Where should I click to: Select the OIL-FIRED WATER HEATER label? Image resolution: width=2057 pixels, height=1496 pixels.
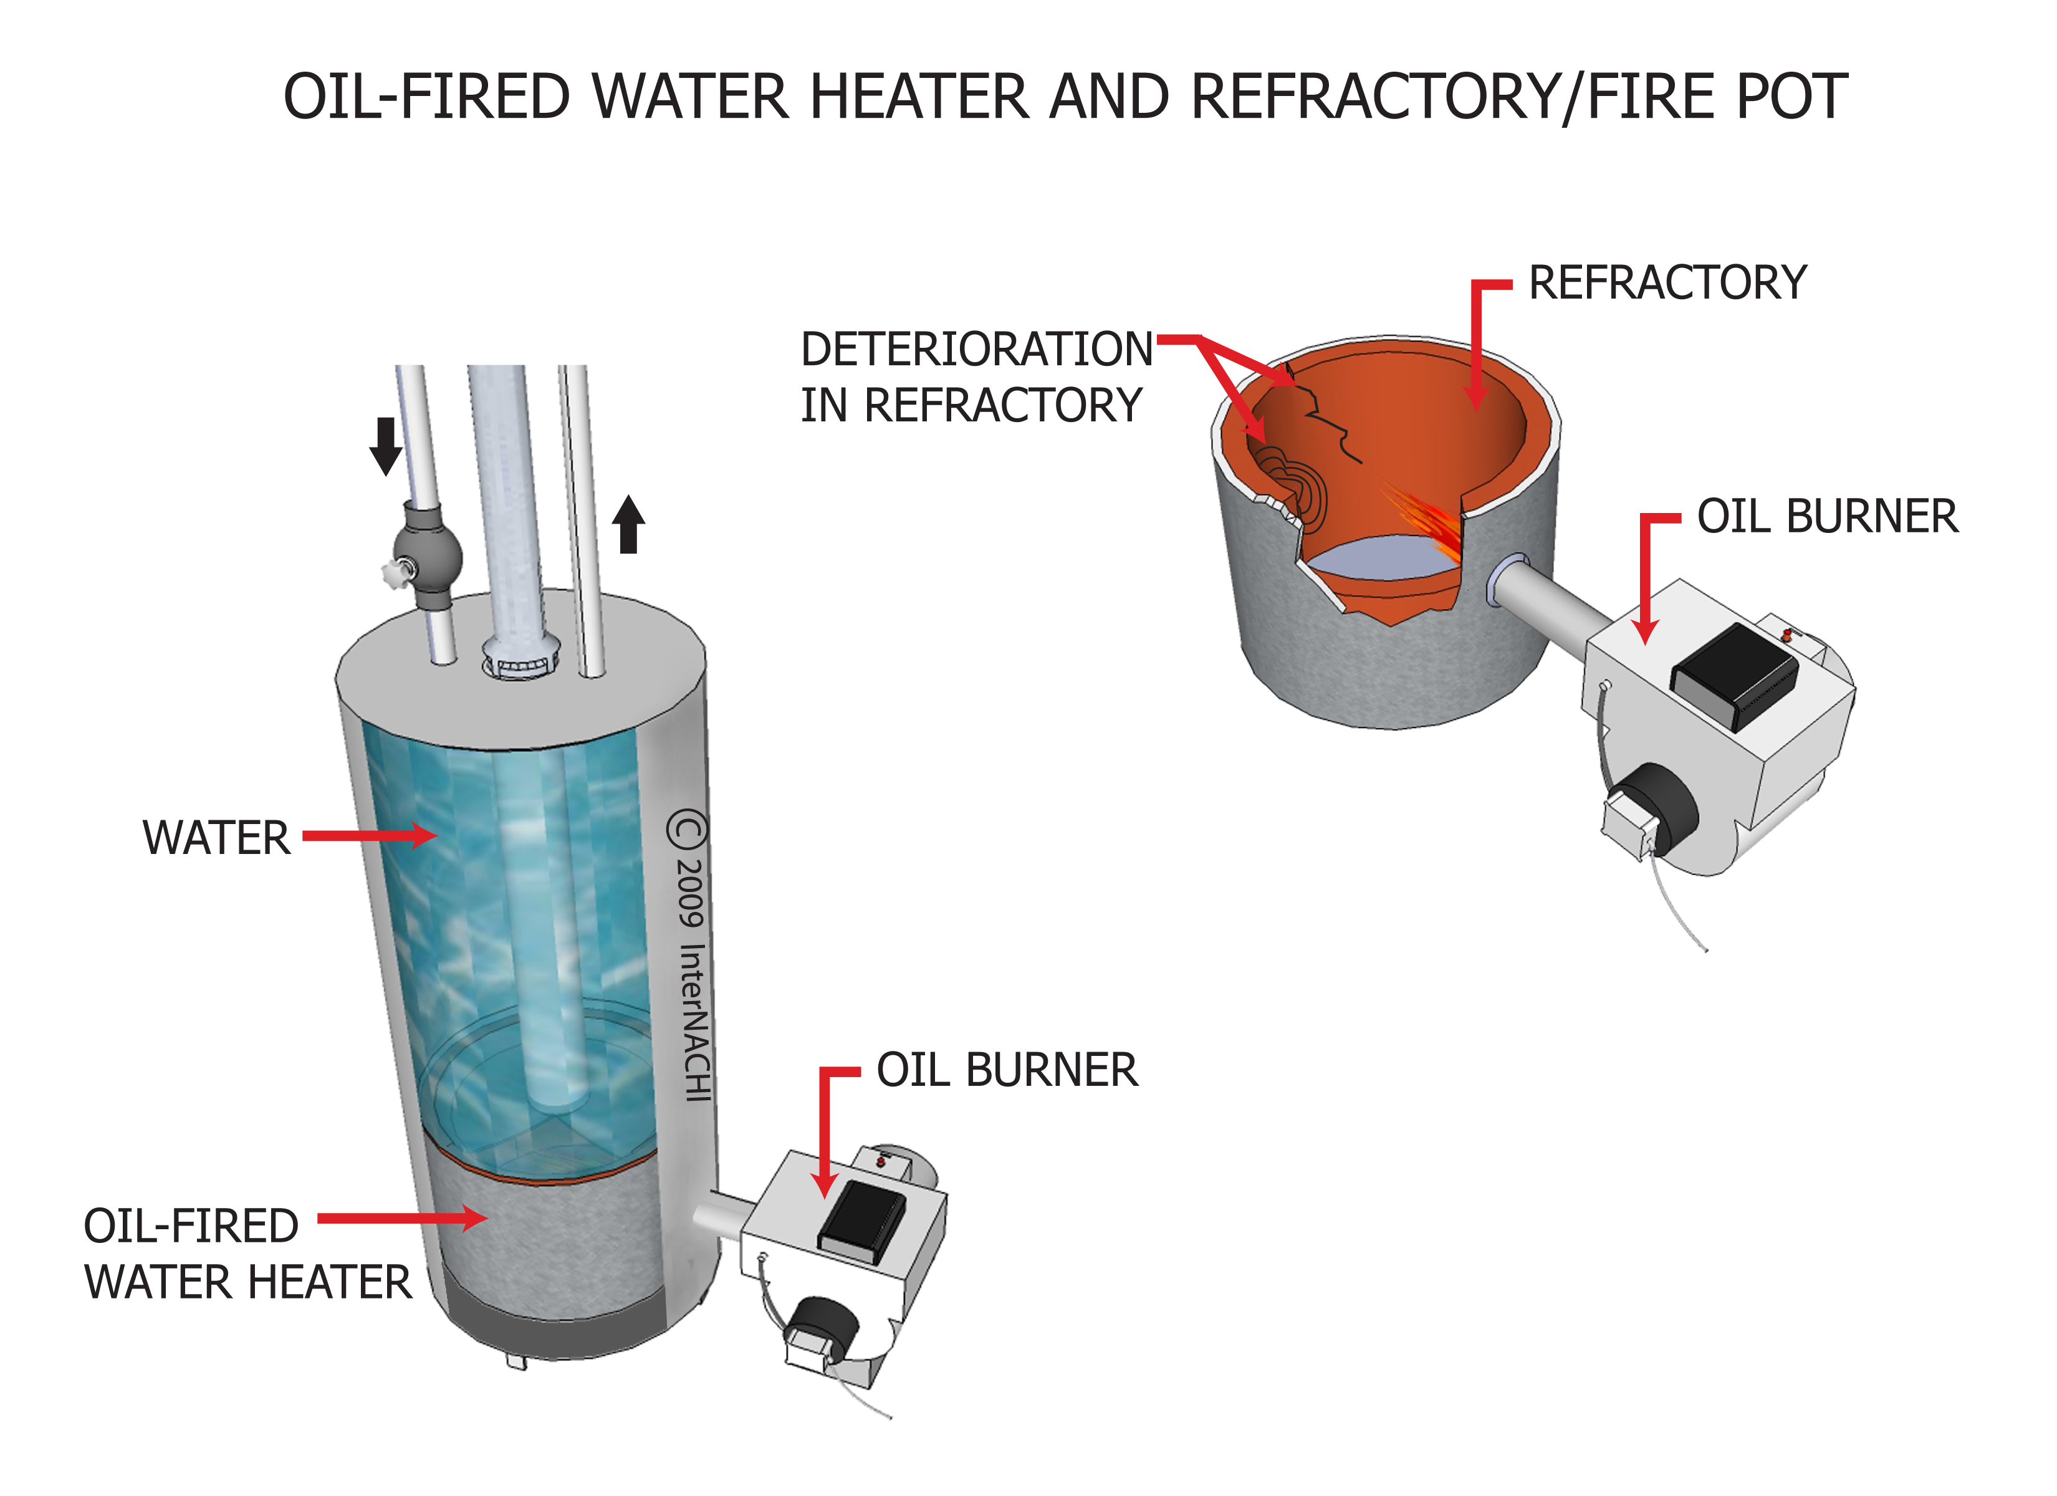point(247,1255)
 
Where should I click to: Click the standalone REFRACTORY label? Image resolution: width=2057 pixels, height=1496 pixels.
point(1667,283)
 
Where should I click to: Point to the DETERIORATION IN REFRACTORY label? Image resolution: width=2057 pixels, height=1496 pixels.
point(975,376)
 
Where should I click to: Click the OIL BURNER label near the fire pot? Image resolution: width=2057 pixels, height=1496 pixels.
point(1826,517)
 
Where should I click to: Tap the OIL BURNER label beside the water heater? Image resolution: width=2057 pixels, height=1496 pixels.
point(1006,1070)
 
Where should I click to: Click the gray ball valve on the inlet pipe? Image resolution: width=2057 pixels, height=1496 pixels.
point(428,554)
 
